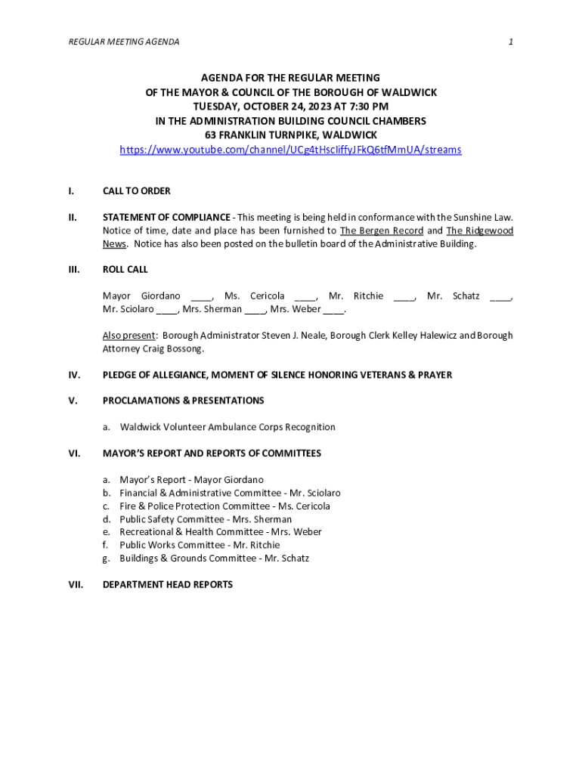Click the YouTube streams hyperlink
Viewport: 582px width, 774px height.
(290, 150)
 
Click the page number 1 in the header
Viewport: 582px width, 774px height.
(511, 42)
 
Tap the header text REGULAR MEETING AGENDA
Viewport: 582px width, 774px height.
(124, 42)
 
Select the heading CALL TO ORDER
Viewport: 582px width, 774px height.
(137, 191)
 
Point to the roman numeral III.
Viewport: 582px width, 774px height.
(73, 270)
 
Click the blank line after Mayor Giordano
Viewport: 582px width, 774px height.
(202, 296)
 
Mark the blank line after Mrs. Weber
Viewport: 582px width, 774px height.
(334, 309)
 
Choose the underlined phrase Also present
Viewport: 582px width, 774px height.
(130, 336)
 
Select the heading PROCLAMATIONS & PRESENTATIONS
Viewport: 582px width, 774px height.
(184, 401)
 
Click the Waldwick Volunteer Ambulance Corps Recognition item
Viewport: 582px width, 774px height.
(228, 427)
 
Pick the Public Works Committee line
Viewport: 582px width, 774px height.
(200, 545)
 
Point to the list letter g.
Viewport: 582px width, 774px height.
(107, 559)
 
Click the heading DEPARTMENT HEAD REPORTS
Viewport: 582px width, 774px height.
(168, 585)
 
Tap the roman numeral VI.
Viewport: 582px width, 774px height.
(74, 454)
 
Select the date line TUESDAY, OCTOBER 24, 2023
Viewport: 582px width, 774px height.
(290, 107)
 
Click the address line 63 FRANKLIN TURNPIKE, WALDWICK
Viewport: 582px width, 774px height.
(290, 135)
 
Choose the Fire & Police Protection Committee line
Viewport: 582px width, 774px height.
(224, 506)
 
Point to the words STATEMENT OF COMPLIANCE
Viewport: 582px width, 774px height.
(166, 218)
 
